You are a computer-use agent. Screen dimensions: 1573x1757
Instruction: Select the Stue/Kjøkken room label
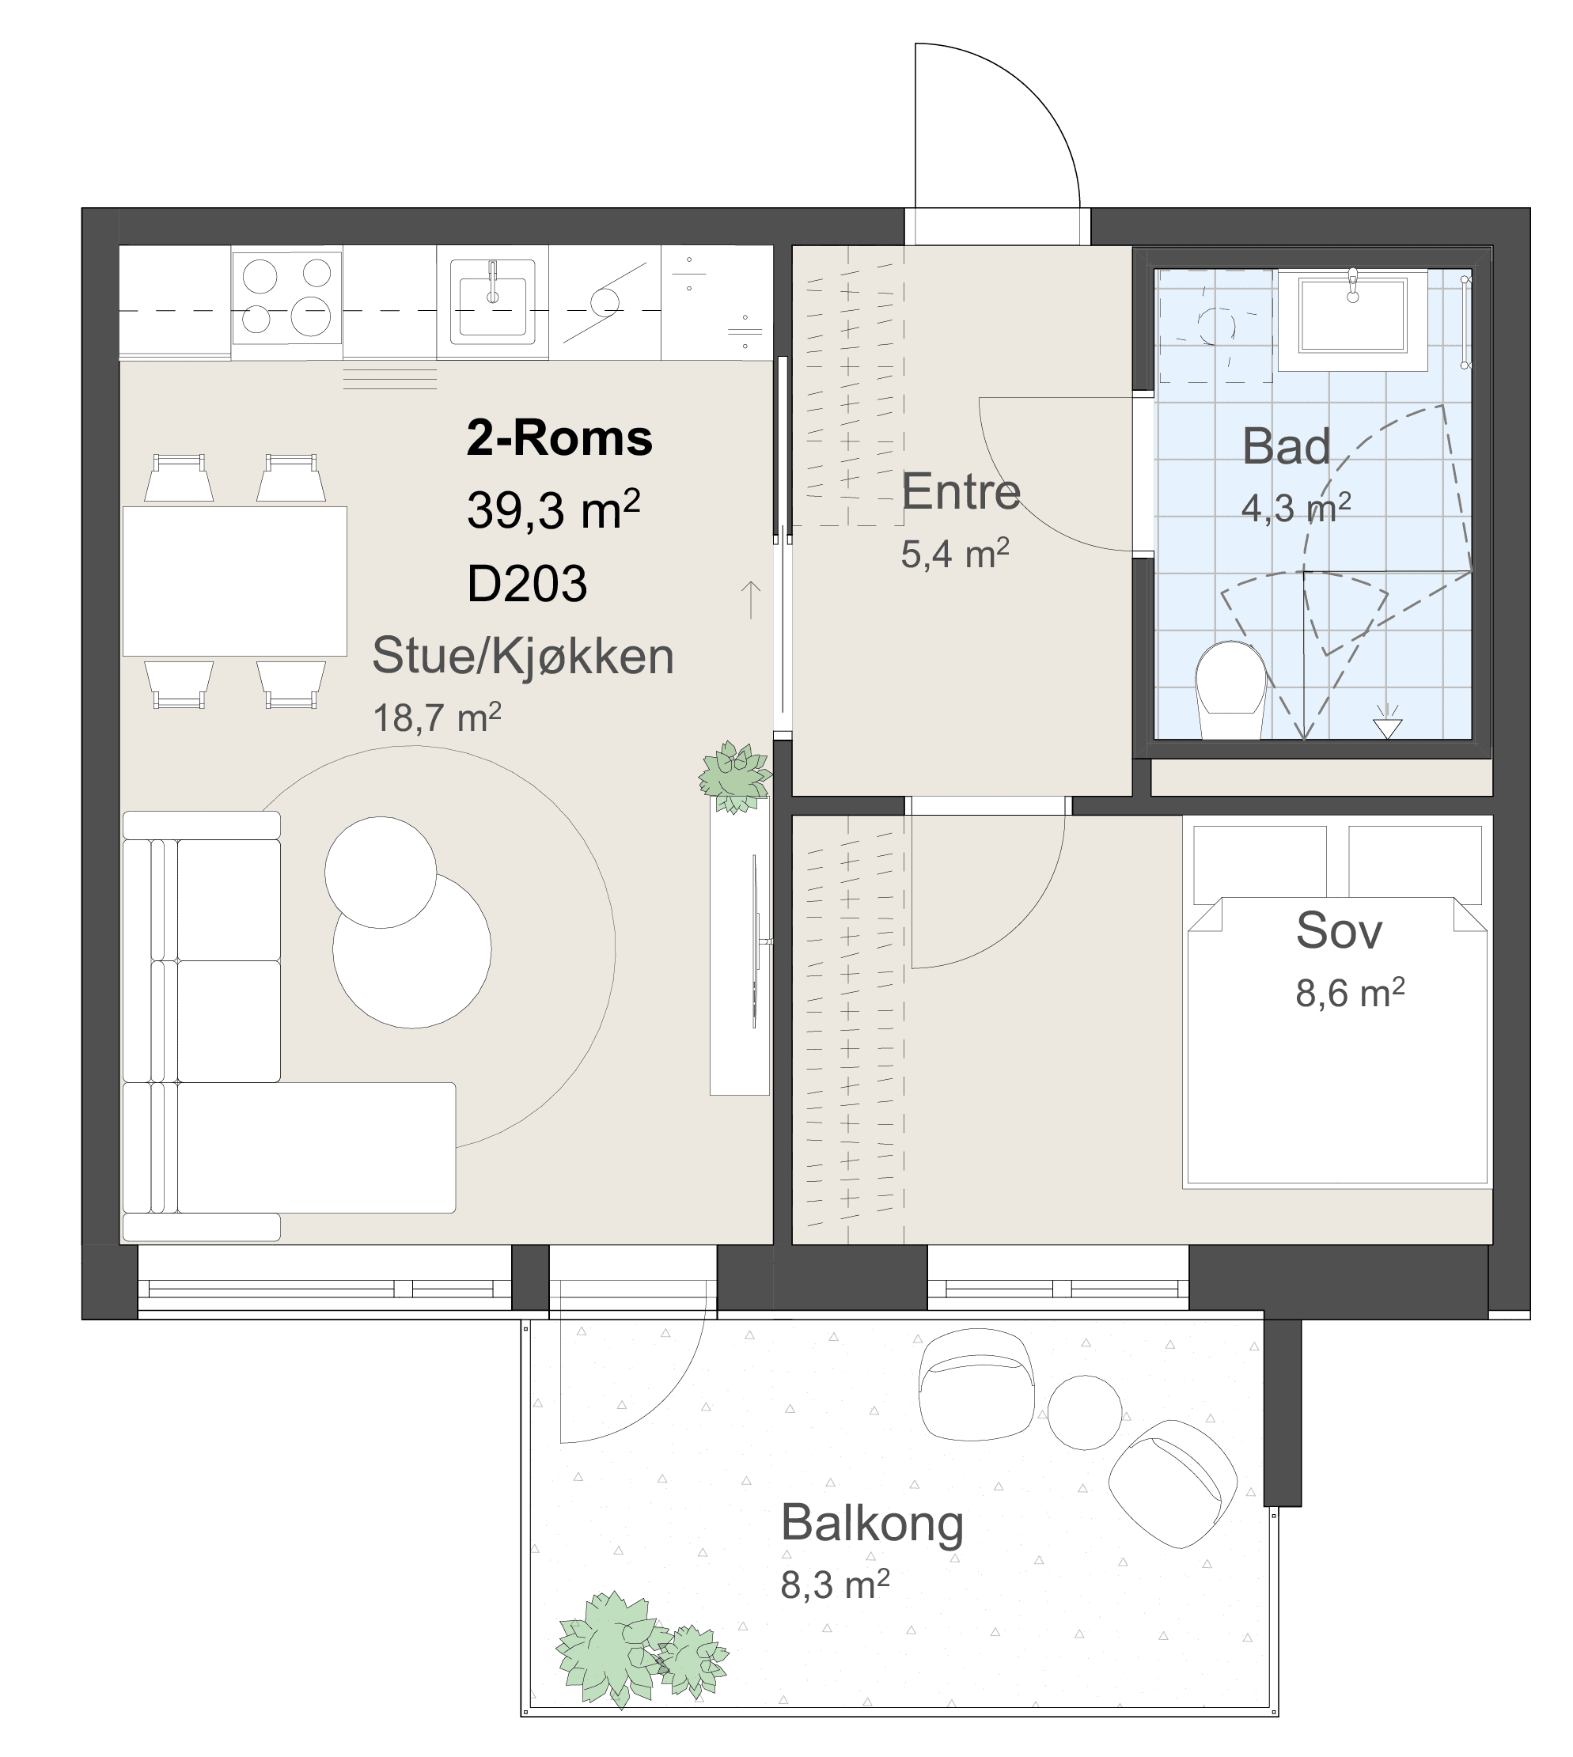[x=523, y=656]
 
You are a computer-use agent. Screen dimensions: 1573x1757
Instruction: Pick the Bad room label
[x=1286, y=447]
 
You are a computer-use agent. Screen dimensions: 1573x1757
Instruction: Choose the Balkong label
[x=872, y=1523]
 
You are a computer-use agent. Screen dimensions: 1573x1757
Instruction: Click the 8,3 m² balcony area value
[x=835, y=1585]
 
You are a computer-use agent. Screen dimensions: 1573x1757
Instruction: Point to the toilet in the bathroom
[x=1230, y=690]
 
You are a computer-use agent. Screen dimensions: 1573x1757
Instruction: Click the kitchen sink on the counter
[x=493, y=301]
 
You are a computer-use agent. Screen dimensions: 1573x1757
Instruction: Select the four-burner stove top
[x=287, y=297]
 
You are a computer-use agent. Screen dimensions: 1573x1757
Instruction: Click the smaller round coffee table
[x=381, y=872]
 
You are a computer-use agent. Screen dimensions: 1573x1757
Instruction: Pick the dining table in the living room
[x=235, y=581]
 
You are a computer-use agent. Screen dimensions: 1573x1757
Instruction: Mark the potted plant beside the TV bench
[x=736, y=777]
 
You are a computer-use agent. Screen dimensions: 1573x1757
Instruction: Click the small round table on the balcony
[x=1085, y=1412]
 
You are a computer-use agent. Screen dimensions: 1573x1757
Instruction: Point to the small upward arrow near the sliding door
[x=750, y=600]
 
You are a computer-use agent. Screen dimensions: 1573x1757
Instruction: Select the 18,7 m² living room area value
[x=437, y=718]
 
